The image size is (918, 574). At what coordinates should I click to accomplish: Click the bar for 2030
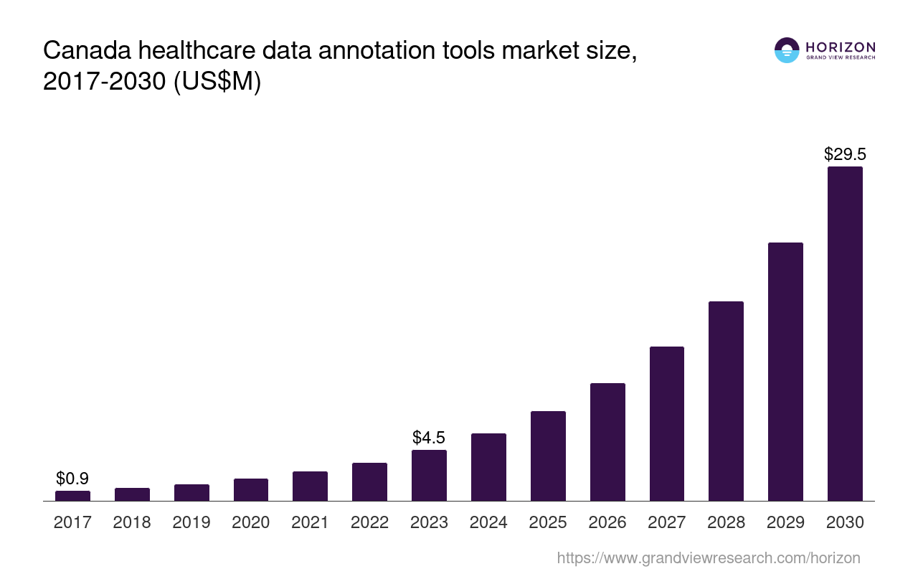[x=845, y=334]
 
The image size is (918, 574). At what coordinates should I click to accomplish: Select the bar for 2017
[x=72, y=496]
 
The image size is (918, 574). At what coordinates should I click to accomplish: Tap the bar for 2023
[x=429, y=475]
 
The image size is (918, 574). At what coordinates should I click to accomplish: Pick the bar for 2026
[x=607, y=442]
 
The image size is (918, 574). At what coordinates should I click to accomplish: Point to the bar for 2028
[x=726, y=401]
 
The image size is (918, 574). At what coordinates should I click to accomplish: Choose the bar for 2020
[x=251, y=489]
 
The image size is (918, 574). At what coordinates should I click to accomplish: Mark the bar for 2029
[x=785, y=372]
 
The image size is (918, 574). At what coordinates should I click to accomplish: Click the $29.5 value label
[x=845, y=154]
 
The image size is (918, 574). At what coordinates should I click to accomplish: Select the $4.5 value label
[x=429, y=438]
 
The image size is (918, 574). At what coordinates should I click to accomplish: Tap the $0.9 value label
[x=72, y=479]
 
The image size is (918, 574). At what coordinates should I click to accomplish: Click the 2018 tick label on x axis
[x=132, y=522]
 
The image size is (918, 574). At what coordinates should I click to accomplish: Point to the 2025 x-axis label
[x=548, y=522]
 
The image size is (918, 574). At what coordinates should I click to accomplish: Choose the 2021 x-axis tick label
[x=310, y=522]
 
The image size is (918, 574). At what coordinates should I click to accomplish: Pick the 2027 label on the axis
[x=667, y=522]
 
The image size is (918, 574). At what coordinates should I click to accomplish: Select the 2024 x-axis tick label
[x=488, y=522]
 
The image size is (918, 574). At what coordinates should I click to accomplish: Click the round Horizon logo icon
[x=787, y=50]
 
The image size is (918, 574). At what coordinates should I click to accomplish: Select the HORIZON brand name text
[x=841, y=47]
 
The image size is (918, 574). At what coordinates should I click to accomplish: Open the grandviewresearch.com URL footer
[x=708, y=557]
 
